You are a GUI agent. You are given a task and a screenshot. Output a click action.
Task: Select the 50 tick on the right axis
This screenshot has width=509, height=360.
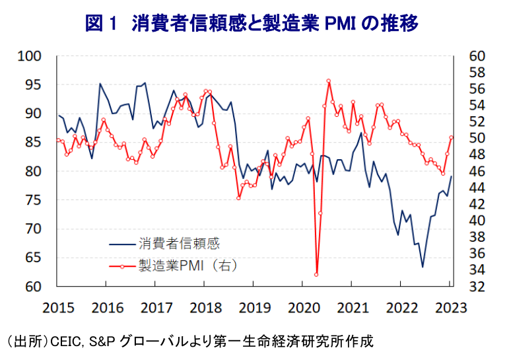coord(477,138)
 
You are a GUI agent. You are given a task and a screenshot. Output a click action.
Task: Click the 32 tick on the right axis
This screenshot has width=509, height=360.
coord(477,287)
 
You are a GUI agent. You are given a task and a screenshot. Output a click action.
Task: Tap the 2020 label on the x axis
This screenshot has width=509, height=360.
coord(303,308)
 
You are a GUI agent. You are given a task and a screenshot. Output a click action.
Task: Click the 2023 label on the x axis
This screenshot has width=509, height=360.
coord(451,308)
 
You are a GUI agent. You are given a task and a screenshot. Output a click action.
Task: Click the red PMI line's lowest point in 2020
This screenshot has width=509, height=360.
coord(316,274)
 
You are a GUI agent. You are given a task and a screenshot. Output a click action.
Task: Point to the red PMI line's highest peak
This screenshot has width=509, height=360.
coord(328,81)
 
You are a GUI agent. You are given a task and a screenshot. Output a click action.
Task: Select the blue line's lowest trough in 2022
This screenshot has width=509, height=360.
coord(423,267)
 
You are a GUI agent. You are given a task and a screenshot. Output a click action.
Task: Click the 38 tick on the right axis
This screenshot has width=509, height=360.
coord(477,237)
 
